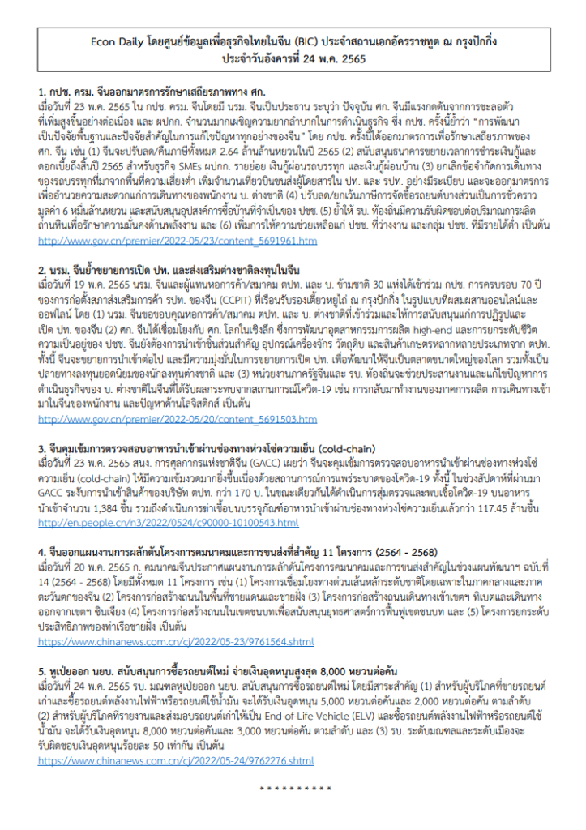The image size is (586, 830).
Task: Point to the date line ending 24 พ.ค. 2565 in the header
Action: click(292, 58)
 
